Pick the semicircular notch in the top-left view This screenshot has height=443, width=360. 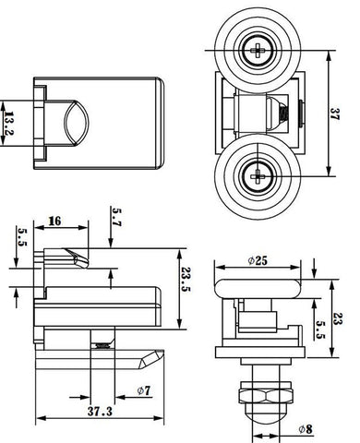point(75,121)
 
